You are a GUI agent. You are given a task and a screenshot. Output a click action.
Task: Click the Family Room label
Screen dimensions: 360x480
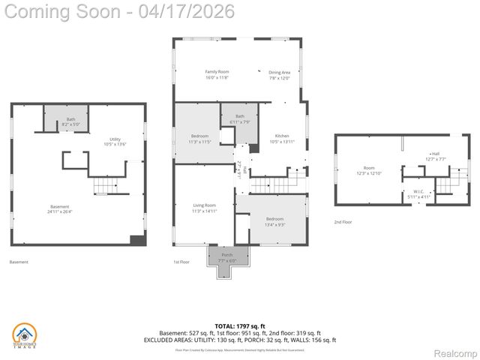[x=217, y=74]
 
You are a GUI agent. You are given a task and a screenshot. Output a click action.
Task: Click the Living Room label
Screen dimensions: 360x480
[x=204, y=208]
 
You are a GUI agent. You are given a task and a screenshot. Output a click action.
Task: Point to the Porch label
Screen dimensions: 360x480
[x=226, y=257]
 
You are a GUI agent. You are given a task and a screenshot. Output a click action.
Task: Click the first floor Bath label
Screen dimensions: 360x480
[x=240, y=118]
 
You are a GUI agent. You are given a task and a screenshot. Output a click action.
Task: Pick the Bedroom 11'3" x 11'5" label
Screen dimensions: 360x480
[x=199, y=138]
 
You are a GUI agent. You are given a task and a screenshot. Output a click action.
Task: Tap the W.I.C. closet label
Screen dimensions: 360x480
[x=418, y=193]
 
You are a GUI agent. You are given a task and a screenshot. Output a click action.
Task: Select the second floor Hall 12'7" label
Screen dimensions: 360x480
[x=435, y=156]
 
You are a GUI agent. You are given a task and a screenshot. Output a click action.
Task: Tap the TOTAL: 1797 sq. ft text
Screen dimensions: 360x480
[x=240, y=325]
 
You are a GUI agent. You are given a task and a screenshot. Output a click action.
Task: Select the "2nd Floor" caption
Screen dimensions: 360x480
[x=343, y=222]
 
